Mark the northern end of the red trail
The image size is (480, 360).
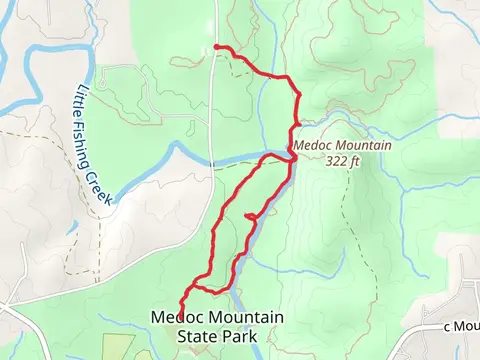tap(217, 48)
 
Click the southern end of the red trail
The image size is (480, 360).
tap(181, 311)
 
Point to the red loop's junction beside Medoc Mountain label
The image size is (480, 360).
tap(292, 157)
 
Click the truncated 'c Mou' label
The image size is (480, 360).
tap(461, 326)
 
